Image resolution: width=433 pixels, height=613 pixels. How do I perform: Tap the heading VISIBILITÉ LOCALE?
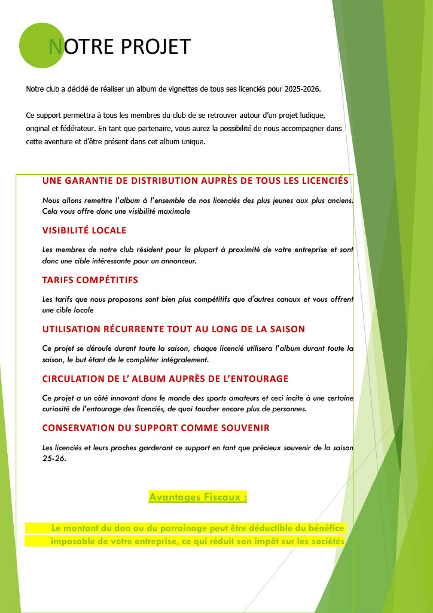(84, 230)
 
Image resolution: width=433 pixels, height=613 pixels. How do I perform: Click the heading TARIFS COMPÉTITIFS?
(90, 280)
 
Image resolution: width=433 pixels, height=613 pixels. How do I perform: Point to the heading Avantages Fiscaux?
(198, 497)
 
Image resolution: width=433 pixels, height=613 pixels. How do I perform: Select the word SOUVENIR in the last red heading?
(243, 428)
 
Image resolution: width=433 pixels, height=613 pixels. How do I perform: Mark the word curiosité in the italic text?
(59, 409)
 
